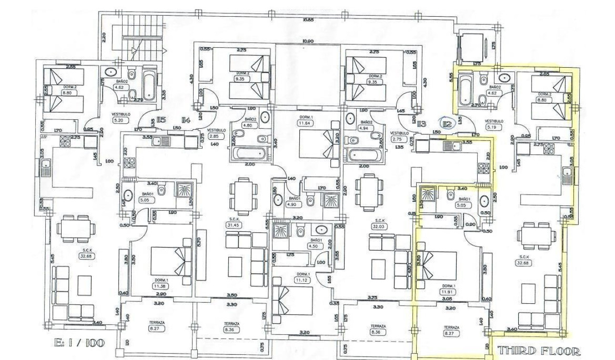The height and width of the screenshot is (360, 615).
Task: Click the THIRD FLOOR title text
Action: click(539, 351)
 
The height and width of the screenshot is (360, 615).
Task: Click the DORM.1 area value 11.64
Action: click(303, 123)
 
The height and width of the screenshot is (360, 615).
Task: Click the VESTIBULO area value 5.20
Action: click(117, 121)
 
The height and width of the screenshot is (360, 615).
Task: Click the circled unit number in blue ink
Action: click(447, 125)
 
